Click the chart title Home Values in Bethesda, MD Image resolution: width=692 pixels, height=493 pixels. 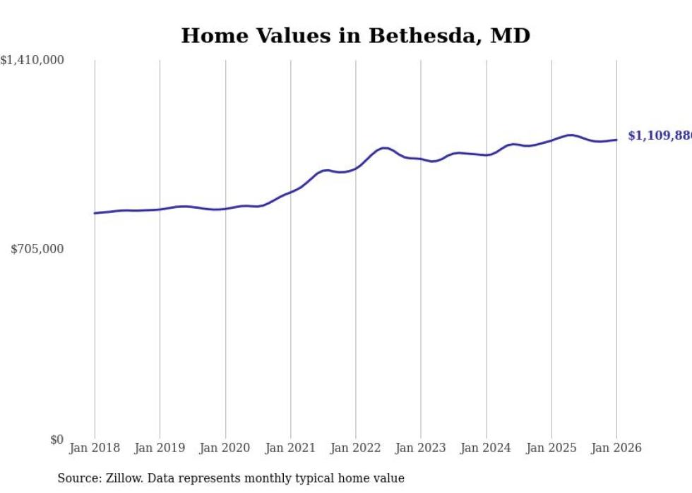(355, 35)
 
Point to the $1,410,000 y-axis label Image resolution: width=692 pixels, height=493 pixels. (32, 61)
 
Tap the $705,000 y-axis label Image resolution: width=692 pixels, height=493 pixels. (37, 249)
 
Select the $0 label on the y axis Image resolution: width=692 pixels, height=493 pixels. (56, 440)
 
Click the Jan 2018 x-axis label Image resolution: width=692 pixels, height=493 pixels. (95, 448)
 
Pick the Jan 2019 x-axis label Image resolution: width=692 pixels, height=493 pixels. (160, 448)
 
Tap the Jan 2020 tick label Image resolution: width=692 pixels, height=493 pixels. (225, 448)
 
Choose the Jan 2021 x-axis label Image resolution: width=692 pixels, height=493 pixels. (290, 448)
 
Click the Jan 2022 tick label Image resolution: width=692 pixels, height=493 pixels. (356, 448)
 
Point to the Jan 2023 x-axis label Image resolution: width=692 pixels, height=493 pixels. (421, 448)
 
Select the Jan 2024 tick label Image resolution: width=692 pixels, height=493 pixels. (487, 448)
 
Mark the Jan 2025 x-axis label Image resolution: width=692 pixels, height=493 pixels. (551, 448)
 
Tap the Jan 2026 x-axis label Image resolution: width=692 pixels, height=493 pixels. (616, 448)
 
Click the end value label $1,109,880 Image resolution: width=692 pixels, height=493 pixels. (660, 136)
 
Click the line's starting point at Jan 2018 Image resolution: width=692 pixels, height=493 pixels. (95, 213)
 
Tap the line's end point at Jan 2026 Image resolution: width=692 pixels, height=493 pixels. (616, 140)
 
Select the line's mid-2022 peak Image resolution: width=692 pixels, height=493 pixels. (384, 148)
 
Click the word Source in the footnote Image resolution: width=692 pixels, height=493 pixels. (76, 478)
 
